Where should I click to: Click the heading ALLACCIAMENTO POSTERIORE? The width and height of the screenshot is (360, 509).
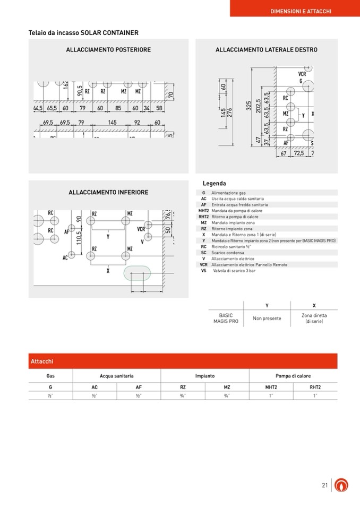(108, 50)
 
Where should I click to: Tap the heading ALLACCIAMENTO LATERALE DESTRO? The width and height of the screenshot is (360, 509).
(266, 50)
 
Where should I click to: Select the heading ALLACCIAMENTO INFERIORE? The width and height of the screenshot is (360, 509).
(108, 192)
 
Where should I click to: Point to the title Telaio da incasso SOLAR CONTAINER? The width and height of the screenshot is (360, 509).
(83, 33)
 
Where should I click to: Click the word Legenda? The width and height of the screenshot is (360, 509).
(214, 184)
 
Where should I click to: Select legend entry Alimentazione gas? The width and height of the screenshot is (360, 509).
(228, 193)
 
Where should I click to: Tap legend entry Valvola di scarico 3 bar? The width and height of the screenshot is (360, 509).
(234, 271)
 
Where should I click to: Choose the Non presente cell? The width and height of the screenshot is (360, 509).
(267, 319)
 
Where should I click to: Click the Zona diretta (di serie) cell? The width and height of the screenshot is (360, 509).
(314, 318)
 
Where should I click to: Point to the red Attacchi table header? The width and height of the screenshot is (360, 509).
(183, 361)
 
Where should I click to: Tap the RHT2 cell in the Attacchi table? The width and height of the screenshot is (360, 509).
(315, 387)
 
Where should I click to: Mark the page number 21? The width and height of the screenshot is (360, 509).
(325, 485)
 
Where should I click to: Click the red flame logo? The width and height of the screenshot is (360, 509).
(343, 485)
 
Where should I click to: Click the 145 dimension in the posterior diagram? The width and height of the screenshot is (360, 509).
(112, 123)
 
